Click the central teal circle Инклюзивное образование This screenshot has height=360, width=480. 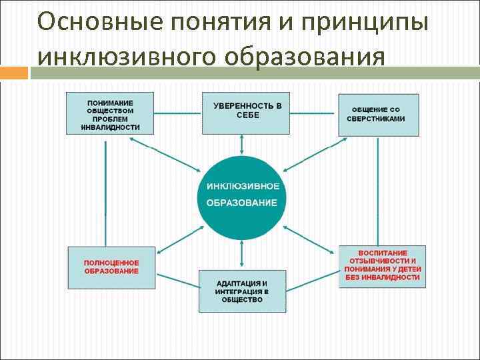pyautogui.click(x=241, y=197)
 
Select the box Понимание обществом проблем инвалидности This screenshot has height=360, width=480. pyautogui.click(x=110, y=114)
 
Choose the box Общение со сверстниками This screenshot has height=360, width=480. pyautogui.click(x=379, y=114)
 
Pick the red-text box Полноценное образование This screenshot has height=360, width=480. pyautogui.click(x=111, y=267)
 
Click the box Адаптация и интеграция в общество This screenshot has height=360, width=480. pyautogui.click(x=241, y=291)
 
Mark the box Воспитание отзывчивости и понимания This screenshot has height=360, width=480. pyautogui.click(x=382, y=267)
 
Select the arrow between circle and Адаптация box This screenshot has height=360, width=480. pyautogui.click(x=242, y=255)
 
